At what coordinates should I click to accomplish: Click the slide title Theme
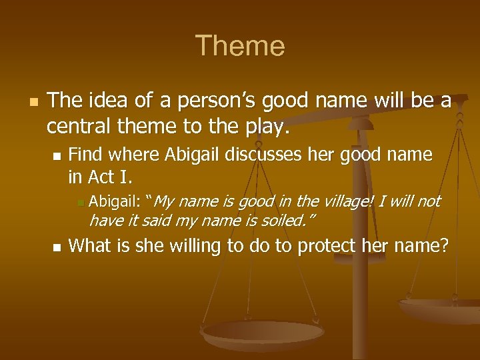click(240, 46)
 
